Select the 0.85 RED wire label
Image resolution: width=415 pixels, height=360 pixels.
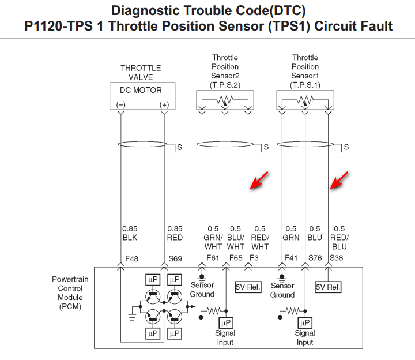175,232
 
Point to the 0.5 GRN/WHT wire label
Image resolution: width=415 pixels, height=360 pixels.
213,237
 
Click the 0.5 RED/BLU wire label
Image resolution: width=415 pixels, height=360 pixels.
339,237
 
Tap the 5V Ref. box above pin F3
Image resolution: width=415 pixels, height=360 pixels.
248,286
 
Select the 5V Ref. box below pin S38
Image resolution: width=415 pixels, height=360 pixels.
329,286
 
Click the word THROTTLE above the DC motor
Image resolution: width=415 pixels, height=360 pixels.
141,68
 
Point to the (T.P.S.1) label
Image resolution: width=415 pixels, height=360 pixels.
305,85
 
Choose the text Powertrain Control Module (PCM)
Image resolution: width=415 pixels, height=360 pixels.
70,293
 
